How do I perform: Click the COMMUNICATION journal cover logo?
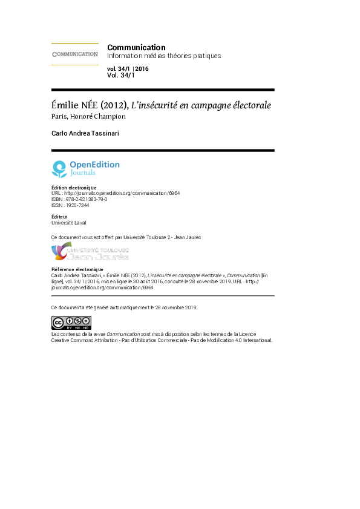(75, 54)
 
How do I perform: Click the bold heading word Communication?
(136, 47)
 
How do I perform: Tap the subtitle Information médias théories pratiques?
(164, 56)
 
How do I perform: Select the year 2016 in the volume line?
(142, 69)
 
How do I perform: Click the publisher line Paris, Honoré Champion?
(88, 117)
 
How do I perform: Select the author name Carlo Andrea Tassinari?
(85, 133)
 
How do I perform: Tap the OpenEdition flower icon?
(59, 169)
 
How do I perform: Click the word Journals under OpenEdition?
(83, 172)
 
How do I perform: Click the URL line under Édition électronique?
(116, 193)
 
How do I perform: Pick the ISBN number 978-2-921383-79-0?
(87, 199)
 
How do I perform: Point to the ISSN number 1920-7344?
(77, 205)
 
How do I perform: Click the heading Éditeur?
(59, 217)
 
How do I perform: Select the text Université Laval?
(68, 223)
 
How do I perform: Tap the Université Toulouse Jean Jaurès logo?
(90, 251)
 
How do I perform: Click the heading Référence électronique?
(77, 269)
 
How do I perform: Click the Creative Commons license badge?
(71, 323)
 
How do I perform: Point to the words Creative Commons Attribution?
(84, 340)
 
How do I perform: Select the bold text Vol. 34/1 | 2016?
(128, 69)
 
